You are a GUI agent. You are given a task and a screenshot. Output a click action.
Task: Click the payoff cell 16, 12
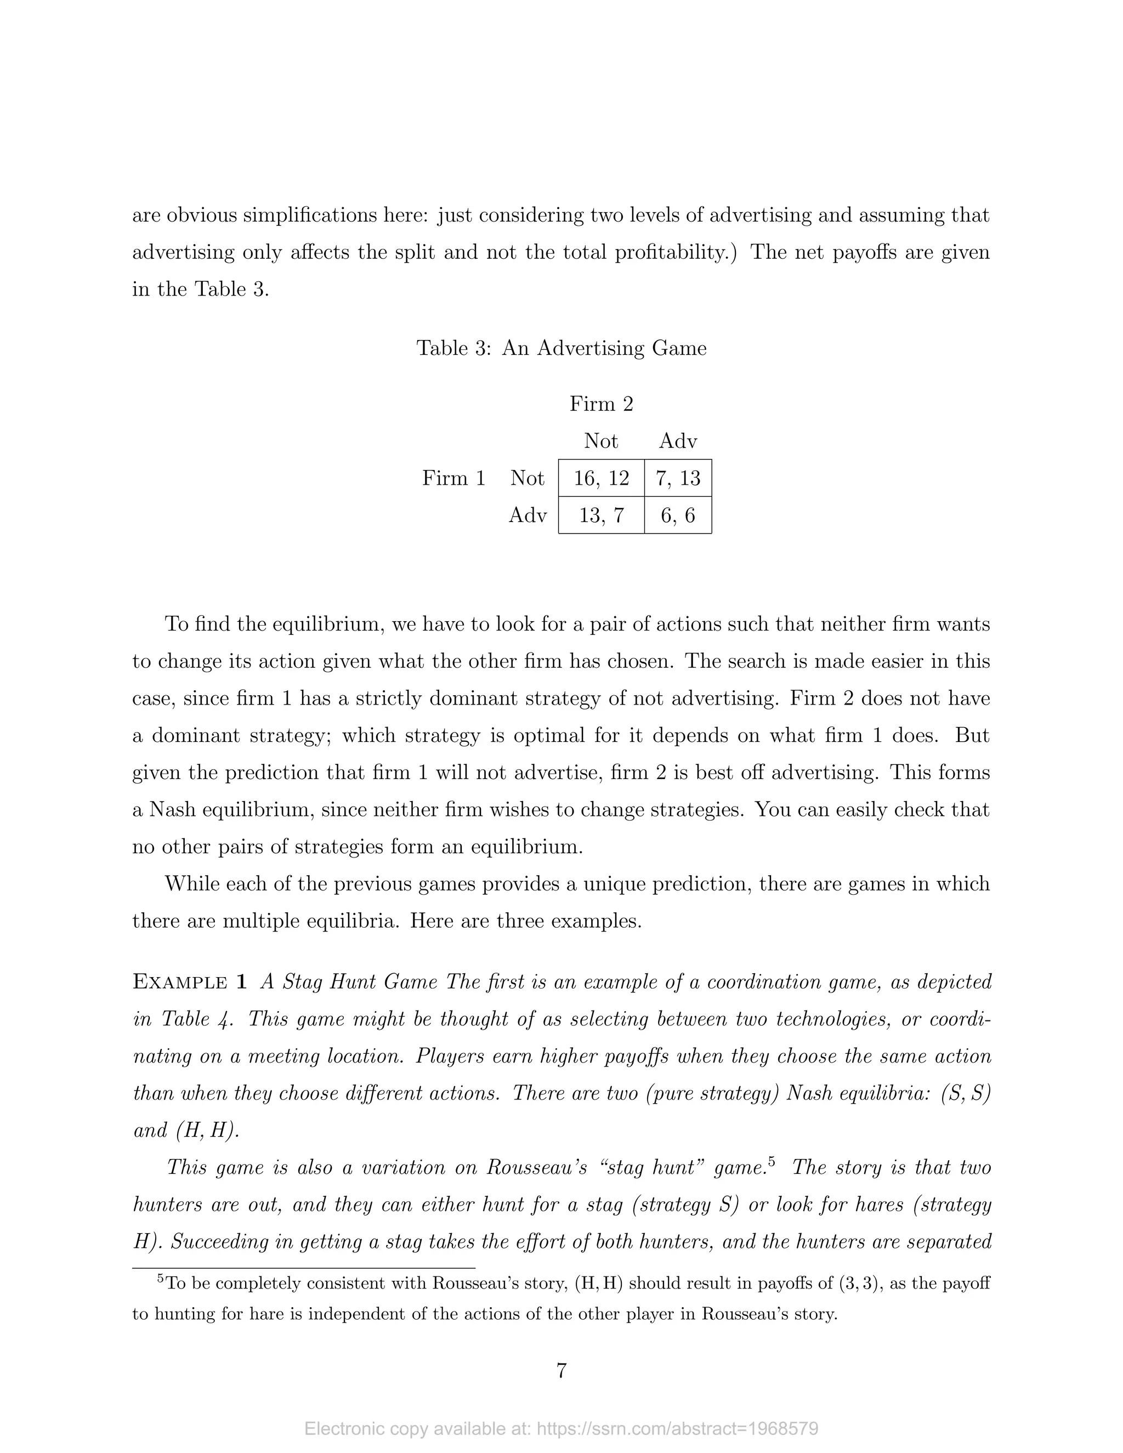click(601, 478)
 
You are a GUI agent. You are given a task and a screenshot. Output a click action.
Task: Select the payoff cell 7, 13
click(678, 478)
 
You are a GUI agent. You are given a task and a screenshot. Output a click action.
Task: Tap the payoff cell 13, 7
click(601, 515)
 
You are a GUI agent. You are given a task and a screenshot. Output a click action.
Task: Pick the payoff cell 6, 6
click(678, 515)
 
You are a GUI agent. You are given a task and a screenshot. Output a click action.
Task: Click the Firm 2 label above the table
click(601, 404)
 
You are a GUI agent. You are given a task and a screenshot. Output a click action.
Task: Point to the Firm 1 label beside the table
click(453, 478)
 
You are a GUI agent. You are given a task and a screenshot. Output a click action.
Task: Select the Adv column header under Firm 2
click(678, 440)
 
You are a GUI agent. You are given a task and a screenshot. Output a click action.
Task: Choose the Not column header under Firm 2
click(601, 440)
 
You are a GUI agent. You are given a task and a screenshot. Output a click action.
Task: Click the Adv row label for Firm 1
click(528, 515)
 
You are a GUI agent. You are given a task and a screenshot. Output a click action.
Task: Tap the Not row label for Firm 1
click(528, 478)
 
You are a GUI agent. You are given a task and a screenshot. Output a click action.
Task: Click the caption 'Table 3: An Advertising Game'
click(561, 348)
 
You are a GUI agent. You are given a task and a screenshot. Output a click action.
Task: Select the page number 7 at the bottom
click(561, 1371)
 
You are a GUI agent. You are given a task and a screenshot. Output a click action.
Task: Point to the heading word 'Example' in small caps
click(180, 982)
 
